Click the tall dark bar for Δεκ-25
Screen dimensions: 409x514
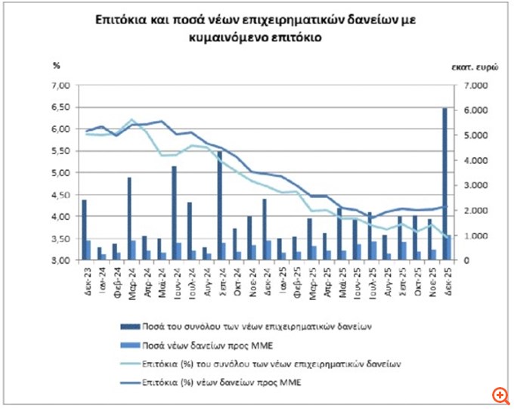tap(444, 184)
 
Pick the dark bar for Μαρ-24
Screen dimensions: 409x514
tap(129, 219)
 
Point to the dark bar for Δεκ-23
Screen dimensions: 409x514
tap(85, 230)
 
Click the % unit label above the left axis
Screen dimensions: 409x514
tap(55, 65)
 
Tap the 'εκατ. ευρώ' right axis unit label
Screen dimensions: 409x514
tap(475, 67)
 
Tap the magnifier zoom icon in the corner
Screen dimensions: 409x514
tap(499, 395)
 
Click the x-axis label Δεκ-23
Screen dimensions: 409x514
tap(84, 276)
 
